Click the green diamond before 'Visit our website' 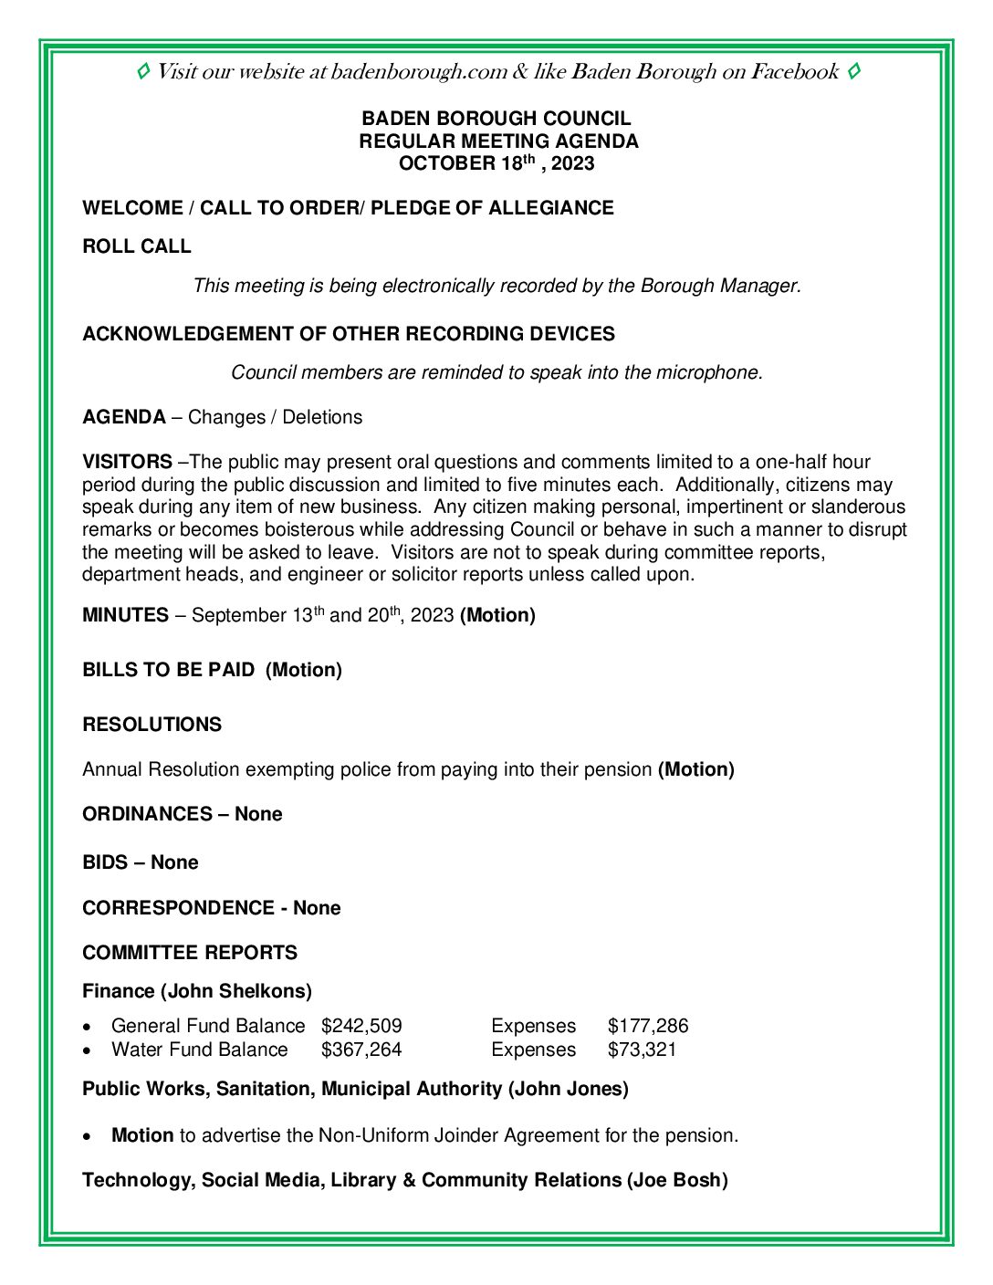click(143, 71)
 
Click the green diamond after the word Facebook click(853, 71)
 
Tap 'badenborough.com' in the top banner click(418, 72)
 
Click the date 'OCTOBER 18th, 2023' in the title click(496, 164)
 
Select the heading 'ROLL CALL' click(137, 246)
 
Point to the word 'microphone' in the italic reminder click(713, 372)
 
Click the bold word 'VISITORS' click(128, 462)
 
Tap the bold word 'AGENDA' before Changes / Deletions click(124, 417)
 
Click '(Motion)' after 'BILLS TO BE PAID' click(304, 670)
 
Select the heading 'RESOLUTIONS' click(152, 725)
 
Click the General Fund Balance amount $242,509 click(361, 1026)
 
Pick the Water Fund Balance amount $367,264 click(361, 1050)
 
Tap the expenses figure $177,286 click(648, 1026)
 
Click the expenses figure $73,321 click(643, 1050)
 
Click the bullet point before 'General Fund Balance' click(87, 1027)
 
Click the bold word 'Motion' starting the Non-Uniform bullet click(142, 1135)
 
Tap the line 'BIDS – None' click(141, 862)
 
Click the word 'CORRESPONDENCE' click(178, 908)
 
